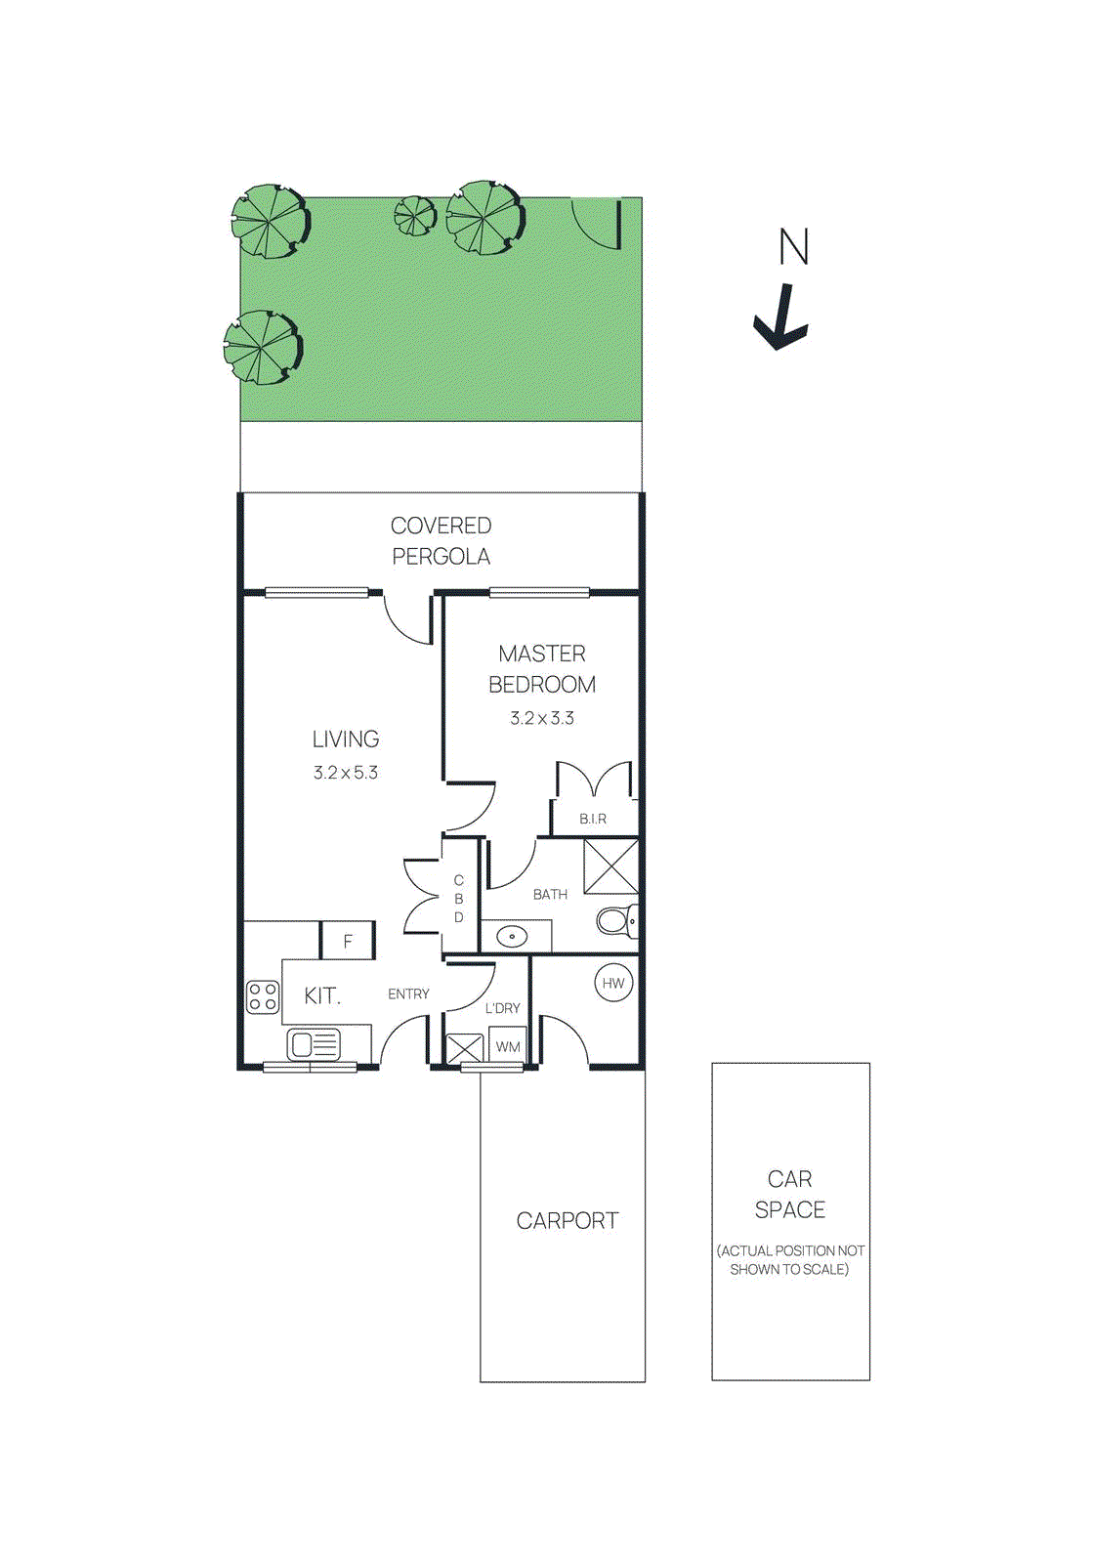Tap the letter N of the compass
click(793, 246)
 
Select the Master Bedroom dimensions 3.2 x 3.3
click(542, 718)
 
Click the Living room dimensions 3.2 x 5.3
click(346, 773)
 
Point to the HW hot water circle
click(613, 984)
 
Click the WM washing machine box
click(508, 1046)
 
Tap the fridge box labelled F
click(348, 941)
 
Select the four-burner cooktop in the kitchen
click(263, 997)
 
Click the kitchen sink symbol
click(314, 1045)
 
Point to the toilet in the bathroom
click(616, 920)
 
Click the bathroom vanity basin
click(512, 937)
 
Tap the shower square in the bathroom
click(610, 866)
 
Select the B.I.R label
click(593, 819)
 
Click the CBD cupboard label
click(459, 899)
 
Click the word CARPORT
click(567, 1221)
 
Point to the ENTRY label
click(408, 994)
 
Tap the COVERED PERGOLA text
click(441, 540)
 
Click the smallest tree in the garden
click(415, 215)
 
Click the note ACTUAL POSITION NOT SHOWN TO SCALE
click(790, 1260)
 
